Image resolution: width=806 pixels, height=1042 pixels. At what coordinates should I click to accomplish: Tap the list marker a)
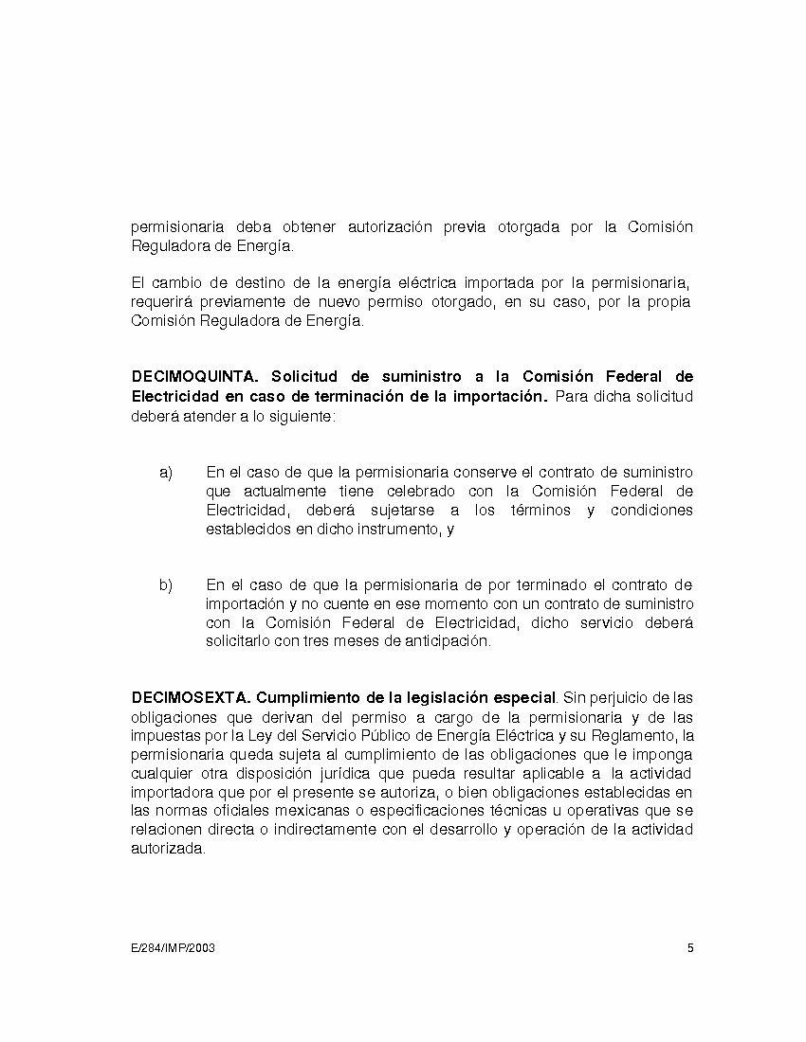pyautogui.click(x=166, y=473)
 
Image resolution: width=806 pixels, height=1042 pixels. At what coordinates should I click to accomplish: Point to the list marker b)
pyautogui.click(x=166, y=585)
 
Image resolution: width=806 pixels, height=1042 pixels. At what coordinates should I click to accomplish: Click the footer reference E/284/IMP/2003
pyautogui.click(x=173, y=948)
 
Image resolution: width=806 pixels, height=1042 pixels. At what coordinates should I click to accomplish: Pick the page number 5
pyautogui.click(x=690, y=948)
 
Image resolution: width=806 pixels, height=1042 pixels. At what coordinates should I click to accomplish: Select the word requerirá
pyautogui.click(x=162, y=302)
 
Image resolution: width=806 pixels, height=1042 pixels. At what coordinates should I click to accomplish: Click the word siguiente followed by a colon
pyautogui.click(x=302, y=415)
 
